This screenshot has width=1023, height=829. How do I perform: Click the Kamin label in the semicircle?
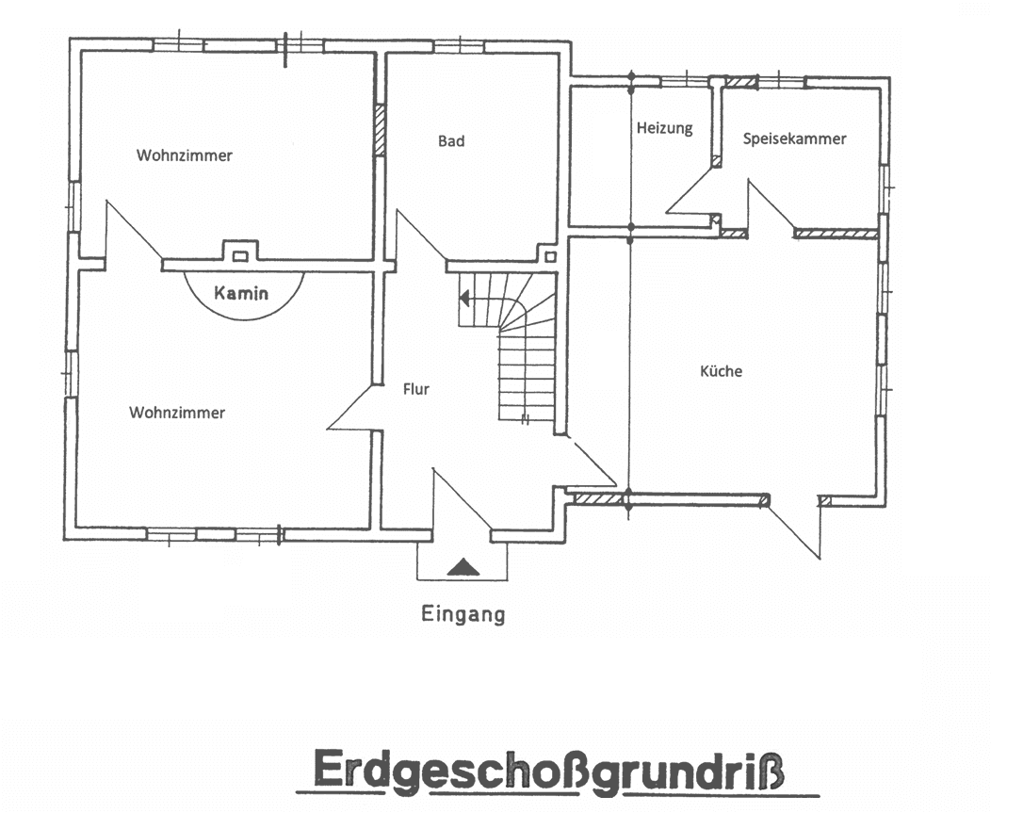[x=241, y=293]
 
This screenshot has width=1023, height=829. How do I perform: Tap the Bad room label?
[x=451, y=141]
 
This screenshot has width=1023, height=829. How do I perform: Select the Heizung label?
[x=664, y=128]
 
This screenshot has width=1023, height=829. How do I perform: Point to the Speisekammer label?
[x=794, y=138]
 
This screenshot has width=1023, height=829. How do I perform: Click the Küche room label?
[x=721, y=371]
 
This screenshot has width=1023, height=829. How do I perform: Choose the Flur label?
[x=415, y=388]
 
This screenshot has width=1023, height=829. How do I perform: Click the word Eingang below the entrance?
[x=463, y=615]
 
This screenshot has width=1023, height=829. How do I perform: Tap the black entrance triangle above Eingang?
[x=463, y=566]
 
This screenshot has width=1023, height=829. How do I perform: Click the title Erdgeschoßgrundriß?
[x=552, y=770]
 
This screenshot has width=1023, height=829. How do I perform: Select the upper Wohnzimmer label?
[x=184, y=155]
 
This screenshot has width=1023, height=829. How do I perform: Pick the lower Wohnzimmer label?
[x=177, y=413]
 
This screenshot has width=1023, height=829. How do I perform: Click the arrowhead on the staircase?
[x=464, y=299]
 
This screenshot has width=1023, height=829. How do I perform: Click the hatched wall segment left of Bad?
[x=380, y=130]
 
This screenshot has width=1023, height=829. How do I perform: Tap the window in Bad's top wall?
[x=459, y=45]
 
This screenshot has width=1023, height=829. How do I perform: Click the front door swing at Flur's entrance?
[x=461, y=499]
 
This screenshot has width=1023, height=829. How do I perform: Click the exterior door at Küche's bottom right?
[x=796, y=528]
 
